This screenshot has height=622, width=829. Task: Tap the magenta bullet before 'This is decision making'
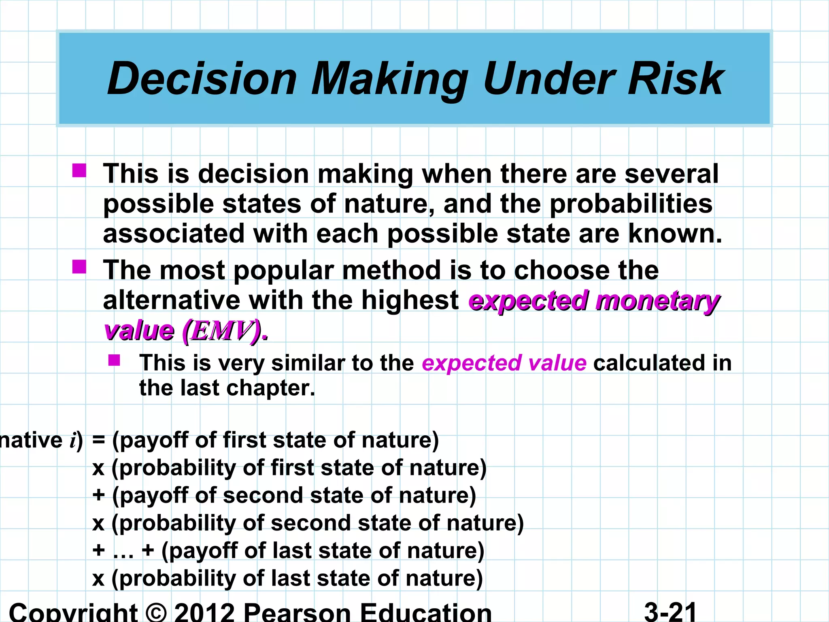click(79, 170)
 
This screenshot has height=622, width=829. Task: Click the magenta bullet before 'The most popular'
click(79, 267)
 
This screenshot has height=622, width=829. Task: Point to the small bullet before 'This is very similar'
click(114, 360)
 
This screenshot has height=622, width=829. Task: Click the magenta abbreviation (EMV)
click(225, 331)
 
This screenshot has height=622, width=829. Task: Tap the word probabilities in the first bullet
click(631, 204)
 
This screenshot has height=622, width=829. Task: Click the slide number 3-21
click(670, 611)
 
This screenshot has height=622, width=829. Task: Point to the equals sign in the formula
click(99, 440)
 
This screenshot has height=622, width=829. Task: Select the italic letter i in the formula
click(73, 440)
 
